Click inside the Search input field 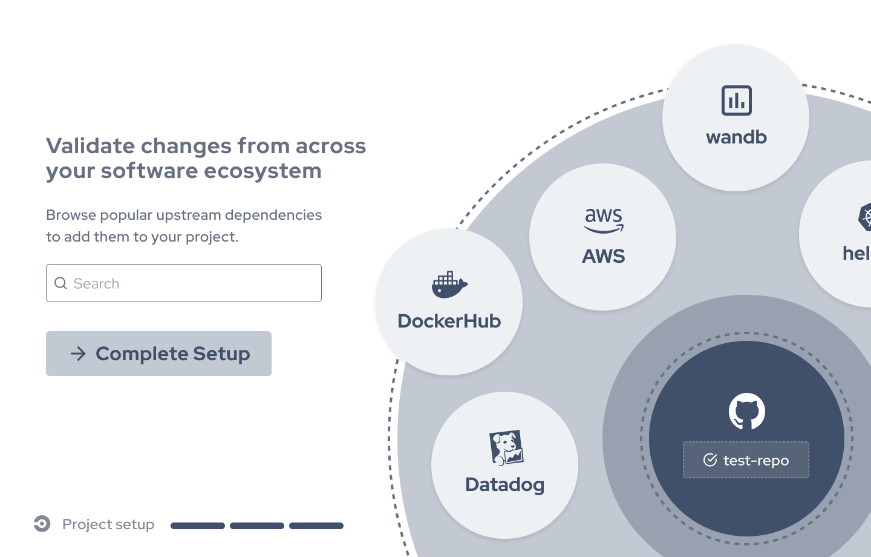[x=194, y=283]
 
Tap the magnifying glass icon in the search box [x=60, y=283]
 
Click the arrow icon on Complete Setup [x=78, y=354]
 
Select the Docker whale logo [x=449, y=285]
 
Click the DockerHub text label [x=449, y=321]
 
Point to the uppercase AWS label [x=603, y=256]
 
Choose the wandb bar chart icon [x=736, y=101]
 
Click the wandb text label [x=736, y=137]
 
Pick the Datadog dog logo [x=506, y=448]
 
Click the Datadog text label [x=504, y=485]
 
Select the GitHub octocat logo [x=746, y=411]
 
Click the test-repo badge [x=746, y=460]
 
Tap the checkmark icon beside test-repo [x=710, y=460]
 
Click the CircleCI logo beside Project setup [x=42, y=524]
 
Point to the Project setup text [x=108, y=524]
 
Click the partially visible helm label [x=856, y=253]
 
